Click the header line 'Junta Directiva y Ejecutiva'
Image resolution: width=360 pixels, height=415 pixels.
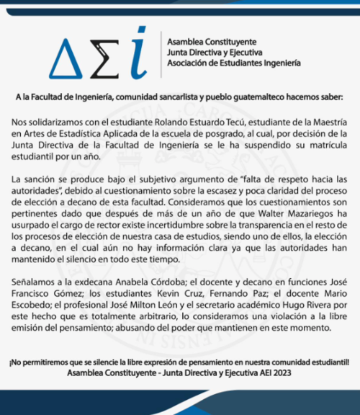215,52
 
